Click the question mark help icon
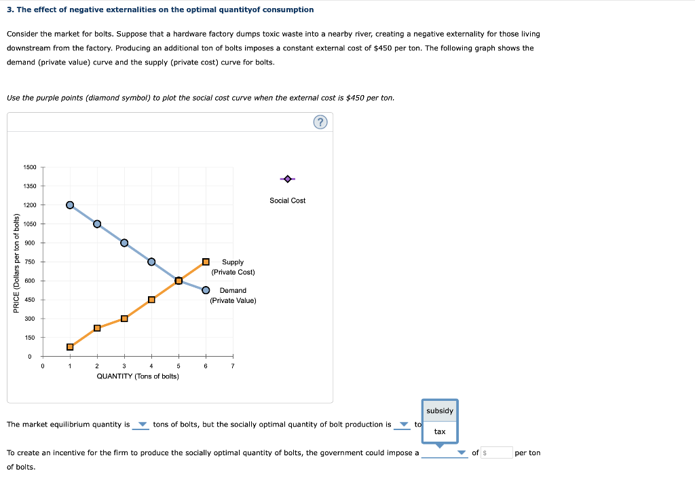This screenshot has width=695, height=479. [x=321, y=122]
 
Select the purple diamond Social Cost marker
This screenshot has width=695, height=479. [x=288, y=179]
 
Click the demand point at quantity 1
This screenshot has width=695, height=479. [x=70, y=205]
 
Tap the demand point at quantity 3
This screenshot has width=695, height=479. [x=124, y=243]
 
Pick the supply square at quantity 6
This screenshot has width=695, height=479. [x=206, y=262]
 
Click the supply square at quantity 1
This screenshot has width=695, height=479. [x=70, y=347]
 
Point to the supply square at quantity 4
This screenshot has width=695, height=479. [x=151, y=300]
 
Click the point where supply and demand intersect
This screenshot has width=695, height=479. [x=179, y=281]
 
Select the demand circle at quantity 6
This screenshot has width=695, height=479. [x=206, y=289]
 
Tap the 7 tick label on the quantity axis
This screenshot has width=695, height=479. [x=233, y=366]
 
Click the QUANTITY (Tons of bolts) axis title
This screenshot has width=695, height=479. [x=138, y=376]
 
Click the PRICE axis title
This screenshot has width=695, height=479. [x=16, y=262]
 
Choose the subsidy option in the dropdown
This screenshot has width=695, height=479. [x=440, y=411]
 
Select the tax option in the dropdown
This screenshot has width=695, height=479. [x=440, y=431]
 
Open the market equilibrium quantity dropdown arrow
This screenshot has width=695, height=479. [x=142, y=425]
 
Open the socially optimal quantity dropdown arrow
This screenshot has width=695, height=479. [x=404, y=425]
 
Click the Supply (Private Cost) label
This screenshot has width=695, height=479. [x=233, y=267]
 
